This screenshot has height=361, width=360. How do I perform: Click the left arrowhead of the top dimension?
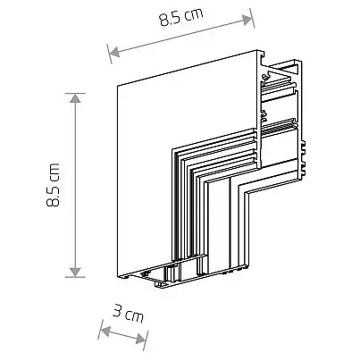pos(112,51)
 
